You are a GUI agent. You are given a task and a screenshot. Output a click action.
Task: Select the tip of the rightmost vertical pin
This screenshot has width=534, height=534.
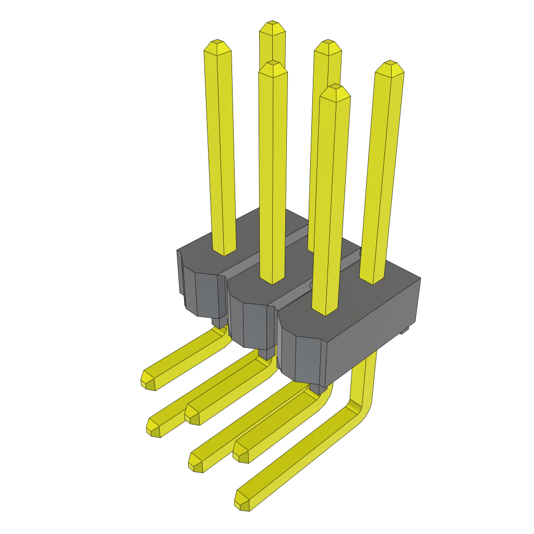390,68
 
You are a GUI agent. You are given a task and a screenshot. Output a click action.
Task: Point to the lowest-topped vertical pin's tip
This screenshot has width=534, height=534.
335,92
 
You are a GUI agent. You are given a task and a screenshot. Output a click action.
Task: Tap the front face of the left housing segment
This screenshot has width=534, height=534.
205,295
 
